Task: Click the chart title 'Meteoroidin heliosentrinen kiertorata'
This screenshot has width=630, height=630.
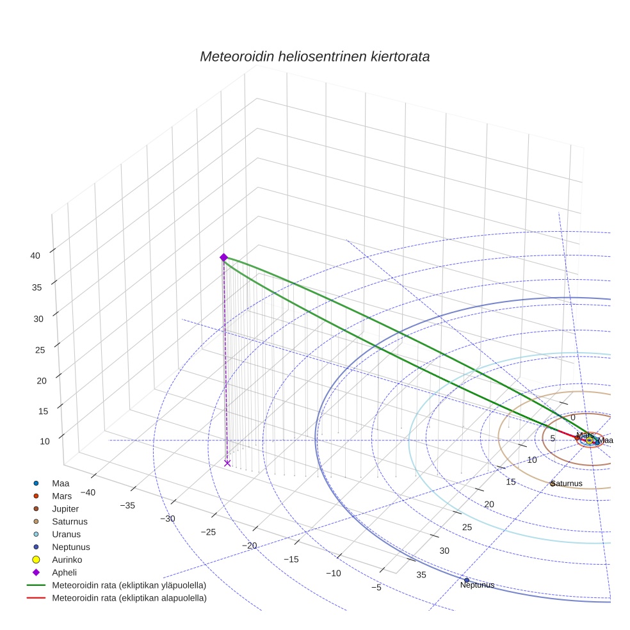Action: [314, 56]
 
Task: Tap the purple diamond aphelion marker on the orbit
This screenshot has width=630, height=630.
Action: [223, 257]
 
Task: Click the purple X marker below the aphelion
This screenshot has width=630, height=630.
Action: [227, 463]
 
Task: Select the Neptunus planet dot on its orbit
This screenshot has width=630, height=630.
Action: [466, 580]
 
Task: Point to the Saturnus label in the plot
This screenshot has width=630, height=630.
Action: [567, 483]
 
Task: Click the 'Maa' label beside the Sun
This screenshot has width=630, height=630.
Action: [605, 440]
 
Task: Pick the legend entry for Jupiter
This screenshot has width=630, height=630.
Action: [65, 508]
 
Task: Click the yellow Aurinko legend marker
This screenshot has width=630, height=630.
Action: [36, 560]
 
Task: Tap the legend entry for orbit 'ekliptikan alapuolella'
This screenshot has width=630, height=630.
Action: [129, 598]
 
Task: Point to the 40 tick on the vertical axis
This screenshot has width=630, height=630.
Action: [35, 255]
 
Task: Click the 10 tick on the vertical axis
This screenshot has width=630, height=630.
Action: [45, 441]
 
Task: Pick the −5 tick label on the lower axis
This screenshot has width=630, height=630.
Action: [376, 587]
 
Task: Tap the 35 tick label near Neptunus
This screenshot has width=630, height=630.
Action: [421, 574]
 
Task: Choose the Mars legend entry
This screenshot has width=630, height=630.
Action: [61, 496]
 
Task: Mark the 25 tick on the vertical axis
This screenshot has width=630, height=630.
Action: [40, 350]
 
